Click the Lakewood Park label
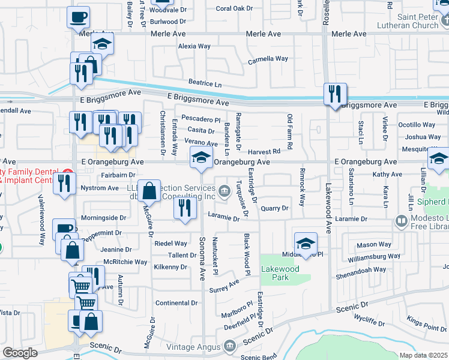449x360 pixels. point(280,273)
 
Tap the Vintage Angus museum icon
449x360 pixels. point(229,346)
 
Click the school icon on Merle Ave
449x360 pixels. point(103,44)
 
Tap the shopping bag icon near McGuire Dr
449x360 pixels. point(149,190)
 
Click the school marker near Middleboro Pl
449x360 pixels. point(306,243)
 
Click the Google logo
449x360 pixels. point(20,353)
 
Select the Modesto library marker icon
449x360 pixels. point(401,221)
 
